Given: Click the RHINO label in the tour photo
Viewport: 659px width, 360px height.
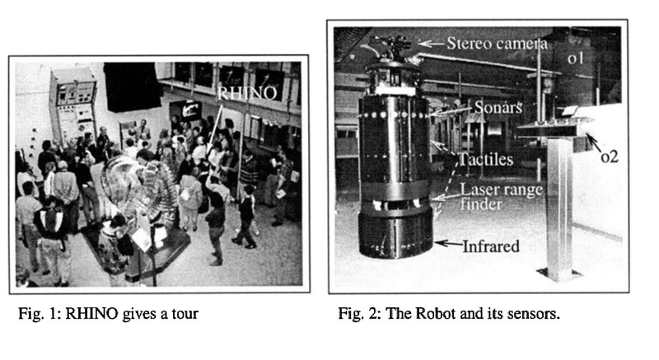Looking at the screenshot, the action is point(248,93).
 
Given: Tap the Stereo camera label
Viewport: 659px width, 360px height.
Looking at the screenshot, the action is point(497,44).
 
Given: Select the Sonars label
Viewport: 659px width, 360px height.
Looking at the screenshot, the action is point(498,108).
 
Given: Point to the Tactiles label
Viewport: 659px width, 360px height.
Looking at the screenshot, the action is point(486,159).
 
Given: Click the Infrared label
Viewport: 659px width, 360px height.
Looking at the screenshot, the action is point(491,246).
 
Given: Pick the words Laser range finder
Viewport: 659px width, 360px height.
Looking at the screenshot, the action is point(502,197).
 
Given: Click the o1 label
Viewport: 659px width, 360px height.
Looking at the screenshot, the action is point(575,58).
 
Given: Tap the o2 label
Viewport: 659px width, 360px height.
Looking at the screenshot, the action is point(610,157).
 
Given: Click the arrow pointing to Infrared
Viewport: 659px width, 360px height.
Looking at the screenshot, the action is point(448,243).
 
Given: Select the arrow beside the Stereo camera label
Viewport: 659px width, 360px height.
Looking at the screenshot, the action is point(431,44).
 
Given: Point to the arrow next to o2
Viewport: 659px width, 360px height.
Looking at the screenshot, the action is point(593,143).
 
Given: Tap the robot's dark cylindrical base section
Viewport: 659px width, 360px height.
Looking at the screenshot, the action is point(395,233).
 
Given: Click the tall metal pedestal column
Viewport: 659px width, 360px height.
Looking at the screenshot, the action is point(559,206).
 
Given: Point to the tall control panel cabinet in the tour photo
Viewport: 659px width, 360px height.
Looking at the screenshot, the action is point(72,105).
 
